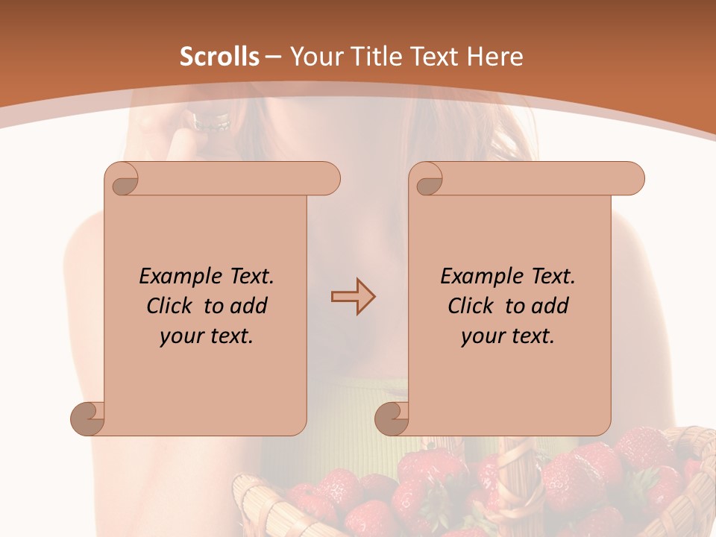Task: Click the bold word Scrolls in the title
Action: pos(219,57)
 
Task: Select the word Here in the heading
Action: pos(494,57)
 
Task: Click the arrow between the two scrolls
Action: pos(353,297)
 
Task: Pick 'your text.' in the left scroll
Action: pos(207,336)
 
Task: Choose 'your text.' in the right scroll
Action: pos(508,336)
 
